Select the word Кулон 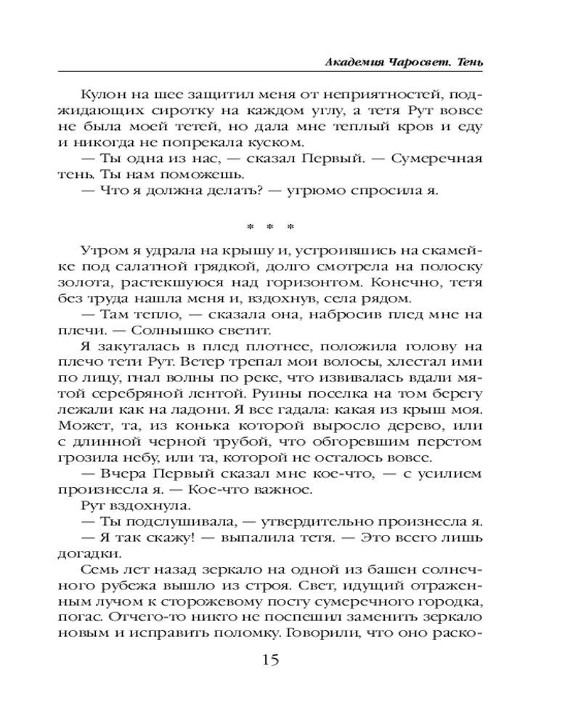point(103,97)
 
